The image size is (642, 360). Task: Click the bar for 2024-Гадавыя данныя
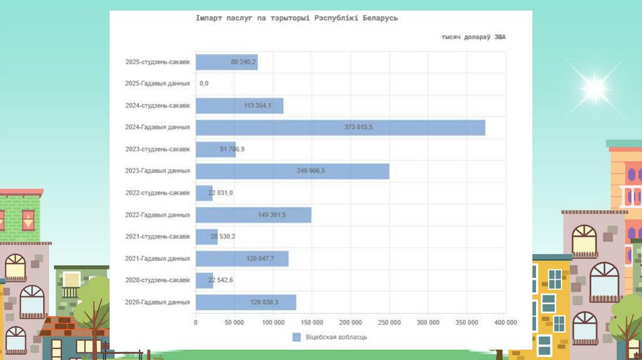340,127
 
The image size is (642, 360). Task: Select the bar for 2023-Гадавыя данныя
292,171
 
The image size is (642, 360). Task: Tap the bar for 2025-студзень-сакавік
226,62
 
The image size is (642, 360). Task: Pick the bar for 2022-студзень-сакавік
204,193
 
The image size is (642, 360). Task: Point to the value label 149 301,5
271,215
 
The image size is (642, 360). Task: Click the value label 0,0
204,83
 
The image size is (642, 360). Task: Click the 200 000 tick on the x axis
350,322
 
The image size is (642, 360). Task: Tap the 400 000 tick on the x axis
505,322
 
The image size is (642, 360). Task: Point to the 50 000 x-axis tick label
234,322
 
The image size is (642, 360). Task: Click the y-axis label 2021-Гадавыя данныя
157,258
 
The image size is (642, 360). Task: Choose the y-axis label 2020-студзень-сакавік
157,280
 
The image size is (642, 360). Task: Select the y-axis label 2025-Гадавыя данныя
157,83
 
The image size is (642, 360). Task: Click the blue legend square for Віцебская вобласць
297,337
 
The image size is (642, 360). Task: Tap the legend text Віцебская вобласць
336,337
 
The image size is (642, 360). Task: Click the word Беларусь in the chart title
379,18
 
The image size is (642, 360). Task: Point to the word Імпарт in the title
209,18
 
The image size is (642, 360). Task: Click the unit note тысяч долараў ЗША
473,38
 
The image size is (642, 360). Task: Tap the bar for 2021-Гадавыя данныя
242,258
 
